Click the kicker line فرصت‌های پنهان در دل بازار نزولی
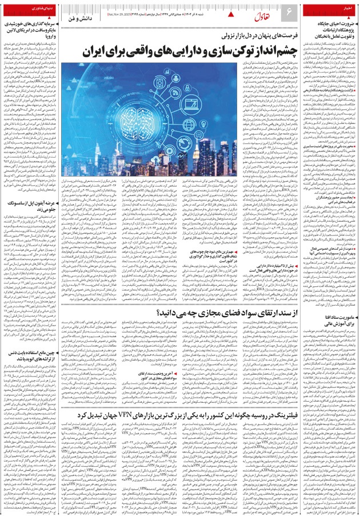point(188,37)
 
